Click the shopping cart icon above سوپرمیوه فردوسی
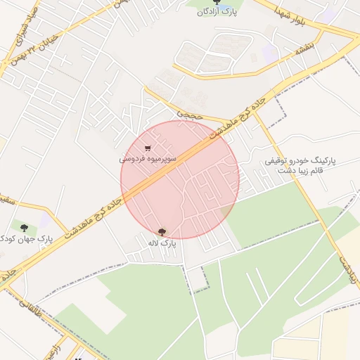(x=147, y=148)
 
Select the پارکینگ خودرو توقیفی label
(x=300, y=161)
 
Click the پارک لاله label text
(x=159, y=243)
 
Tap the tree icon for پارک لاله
(x=163, y=231)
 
